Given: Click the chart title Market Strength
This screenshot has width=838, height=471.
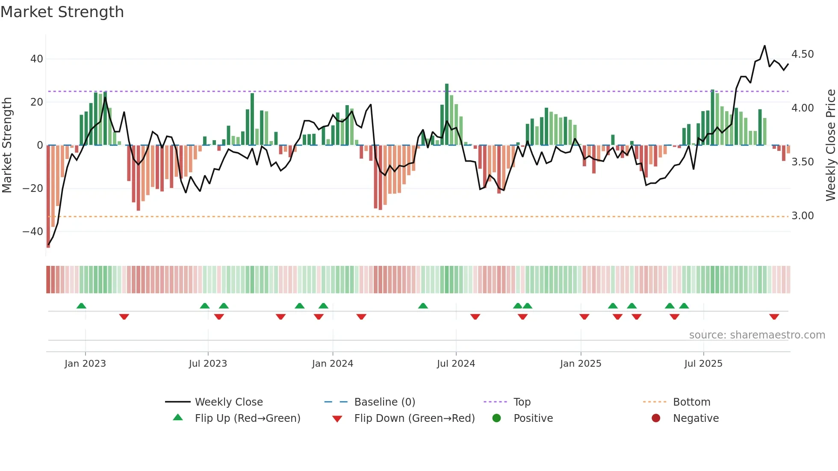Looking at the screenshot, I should click(x=62, y=12).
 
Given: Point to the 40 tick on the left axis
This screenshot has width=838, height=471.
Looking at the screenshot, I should click(x=37, y=59).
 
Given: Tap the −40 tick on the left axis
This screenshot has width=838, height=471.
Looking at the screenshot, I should click(x=33, y=232).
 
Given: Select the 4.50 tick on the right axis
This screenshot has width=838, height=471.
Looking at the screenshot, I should click(x=803, y=54).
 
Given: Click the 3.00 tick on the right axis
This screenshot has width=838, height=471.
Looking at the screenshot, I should click(x=803, y=216).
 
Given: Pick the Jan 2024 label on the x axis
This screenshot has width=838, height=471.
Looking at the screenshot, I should click(x=332, y=364).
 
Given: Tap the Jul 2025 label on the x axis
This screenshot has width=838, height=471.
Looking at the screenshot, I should click(x=703, y=364).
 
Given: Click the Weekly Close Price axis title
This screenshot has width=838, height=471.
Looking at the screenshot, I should click(x=830, y=145).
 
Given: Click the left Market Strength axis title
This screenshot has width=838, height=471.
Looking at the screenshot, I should click(x=7, y=145).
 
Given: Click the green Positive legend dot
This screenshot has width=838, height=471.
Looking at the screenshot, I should click(x=496, y=418).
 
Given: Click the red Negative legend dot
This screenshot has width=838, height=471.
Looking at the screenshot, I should click(x=656, y=418).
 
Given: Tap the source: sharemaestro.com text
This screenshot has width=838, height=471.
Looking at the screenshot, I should click(x=757, y=335).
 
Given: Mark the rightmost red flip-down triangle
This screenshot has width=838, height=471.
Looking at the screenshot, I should click(x=774, y=317).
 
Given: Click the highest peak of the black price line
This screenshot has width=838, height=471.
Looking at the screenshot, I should click(x=764, y=46).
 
